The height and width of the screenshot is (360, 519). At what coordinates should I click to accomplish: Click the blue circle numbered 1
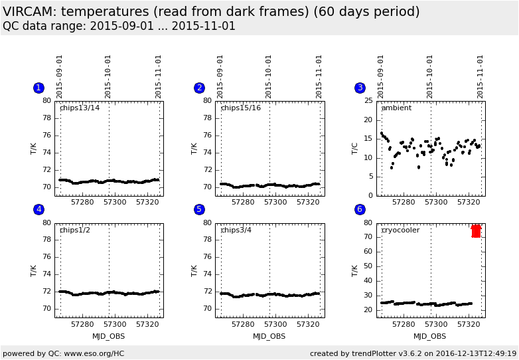pyautogui.click(x=38, y=88)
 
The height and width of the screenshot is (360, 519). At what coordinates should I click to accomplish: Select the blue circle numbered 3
pyautogui.click(x=360, y=88)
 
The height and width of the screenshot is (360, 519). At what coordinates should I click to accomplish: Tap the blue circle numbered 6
pyautogui.click(x=360, y=209)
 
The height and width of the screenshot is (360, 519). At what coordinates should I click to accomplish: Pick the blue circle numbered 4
pyautogui.click(x=38, y=209)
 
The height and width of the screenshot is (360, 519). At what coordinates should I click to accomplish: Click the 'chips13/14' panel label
pyautogui.click(x=80, y=108)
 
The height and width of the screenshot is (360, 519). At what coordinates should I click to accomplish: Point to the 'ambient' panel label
pyautogui.click(x=396, y=108)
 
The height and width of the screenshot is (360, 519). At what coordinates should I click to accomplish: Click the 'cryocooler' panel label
pyautogui.click(x=401, y=230)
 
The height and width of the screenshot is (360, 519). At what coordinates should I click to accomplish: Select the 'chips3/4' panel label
pyautogui.click(x=238, y=230)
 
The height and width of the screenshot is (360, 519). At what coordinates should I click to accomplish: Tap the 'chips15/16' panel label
pyautogui.click(x=241, y=108)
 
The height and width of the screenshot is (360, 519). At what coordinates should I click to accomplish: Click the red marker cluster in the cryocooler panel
pyautogui.click(x=476, y=230)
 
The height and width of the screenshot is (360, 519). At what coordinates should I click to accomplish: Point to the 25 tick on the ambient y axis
pyautogui.click(x=369, y=101)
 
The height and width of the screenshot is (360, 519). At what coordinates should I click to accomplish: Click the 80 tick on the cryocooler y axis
pyautogui.click(x=369, y=223)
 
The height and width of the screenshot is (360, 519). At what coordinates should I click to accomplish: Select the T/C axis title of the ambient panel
pyautogui.click(x=355, y=148)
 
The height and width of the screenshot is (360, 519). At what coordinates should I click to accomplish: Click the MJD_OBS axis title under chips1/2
pyautogui.click(x=109, y=336)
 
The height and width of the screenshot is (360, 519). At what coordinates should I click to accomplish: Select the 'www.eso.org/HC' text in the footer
pyautogui.click(x=95, y=353)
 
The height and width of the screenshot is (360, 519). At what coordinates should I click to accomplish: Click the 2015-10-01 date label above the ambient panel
pyautogui.click(x=430, y=76)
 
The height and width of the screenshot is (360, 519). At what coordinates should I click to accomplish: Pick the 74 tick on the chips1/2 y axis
pyautogui.click(x=47, y=274)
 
